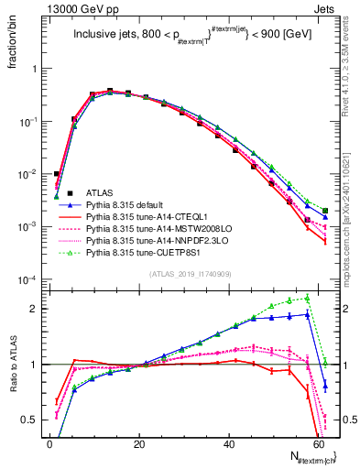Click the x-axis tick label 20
tap(139, 443)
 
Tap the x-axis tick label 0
tap(49, 443)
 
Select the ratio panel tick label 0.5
tap(30, 420)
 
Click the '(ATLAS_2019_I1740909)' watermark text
tap(189, 274)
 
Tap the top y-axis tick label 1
tap(35, 69)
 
